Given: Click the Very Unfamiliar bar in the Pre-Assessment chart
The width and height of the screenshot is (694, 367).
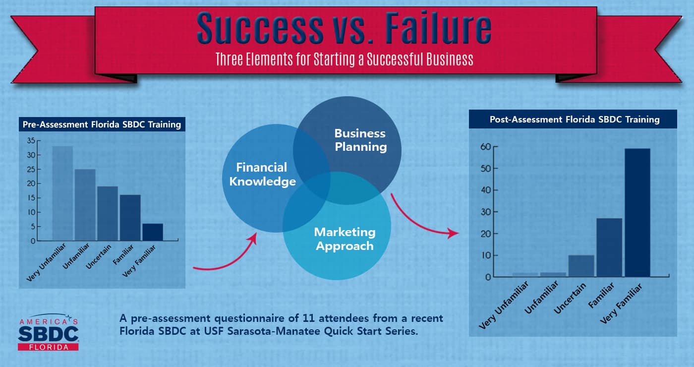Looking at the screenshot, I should pyautogui.click(x=62, y=193).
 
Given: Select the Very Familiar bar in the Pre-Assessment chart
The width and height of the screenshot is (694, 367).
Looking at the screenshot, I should pyautogui.click(x=153, y=232).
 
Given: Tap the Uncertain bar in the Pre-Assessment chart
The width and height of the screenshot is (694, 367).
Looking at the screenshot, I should pyautogui.click(x=108, y=213).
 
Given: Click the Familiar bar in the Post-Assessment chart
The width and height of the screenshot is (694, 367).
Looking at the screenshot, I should pyautogui.click(x=609, y=247).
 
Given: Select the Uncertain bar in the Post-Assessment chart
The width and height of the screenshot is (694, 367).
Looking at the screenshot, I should pyautogui.click(x=581, y=266).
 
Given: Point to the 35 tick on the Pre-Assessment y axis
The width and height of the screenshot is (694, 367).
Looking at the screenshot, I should pyautogui.click(x=31, y=141).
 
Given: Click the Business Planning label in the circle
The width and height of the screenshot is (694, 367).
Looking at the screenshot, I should pyautogui.click(x=360, y=140).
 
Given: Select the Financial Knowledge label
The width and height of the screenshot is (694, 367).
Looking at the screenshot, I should pyautogui.click(x=262, y=175).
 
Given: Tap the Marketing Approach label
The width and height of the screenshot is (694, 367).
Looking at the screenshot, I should pyautogui.click(x=345, y=239).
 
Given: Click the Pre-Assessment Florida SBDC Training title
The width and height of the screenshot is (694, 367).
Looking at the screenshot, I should pyautogui.click(x=102, y=124).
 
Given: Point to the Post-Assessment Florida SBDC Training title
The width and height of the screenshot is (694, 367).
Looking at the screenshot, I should pyautogui.click(x=575, y=120).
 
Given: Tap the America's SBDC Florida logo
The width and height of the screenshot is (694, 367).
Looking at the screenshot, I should pyautogui.click(x=48, y=332).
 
